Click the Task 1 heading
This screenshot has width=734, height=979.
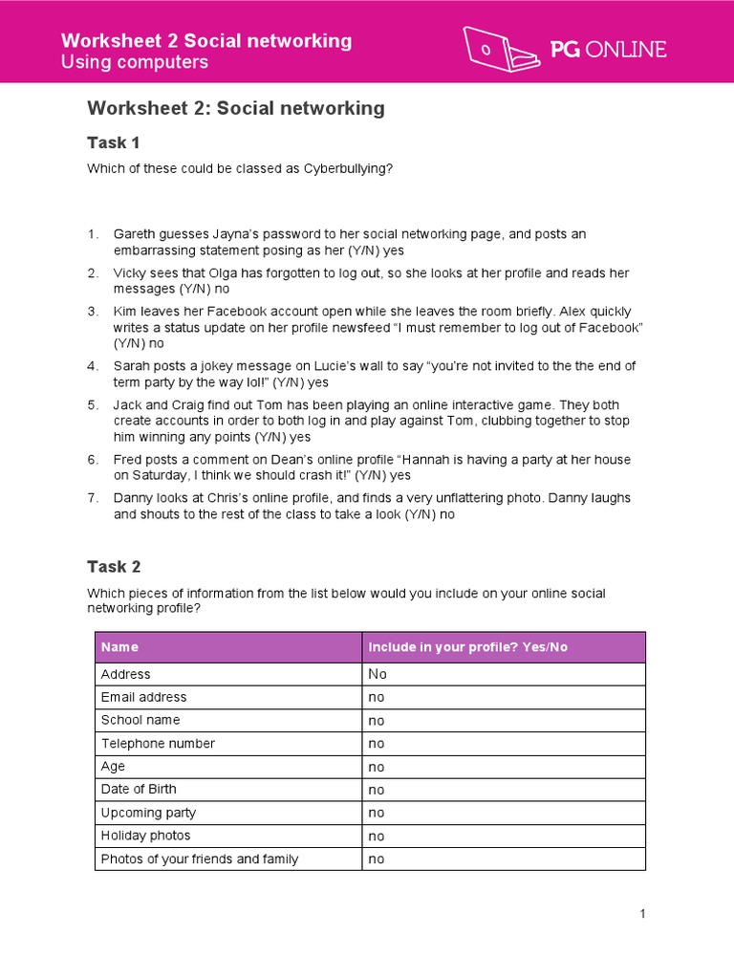pos(114,142)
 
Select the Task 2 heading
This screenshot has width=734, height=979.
pos(114,566)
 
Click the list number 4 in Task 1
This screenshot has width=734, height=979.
pos(93,366)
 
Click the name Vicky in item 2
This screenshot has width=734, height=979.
pos(131,273)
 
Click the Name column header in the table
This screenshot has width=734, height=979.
pos(119,647)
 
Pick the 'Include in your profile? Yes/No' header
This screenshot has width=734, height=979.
pos(467,647)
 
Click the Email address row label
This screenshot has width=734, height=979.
pos(143,697)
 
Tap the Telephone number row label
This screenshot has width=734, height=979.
pos(158,743)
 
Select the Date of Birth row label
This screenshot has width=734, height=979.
pos(139,789)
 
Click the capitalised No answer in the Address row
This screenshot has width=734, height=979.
pos(378,674)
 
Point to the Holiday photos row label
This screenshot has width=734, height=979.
pos(145,836)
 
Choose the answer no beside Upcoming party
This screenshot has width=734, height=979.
pos(377,813)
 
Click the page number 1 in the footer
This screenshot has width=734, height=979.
pos(643,914)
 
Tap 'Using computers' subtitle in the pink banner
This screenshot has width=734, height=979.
pos(134,63)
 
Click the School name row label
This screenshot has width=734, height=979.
pos(140,720)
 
